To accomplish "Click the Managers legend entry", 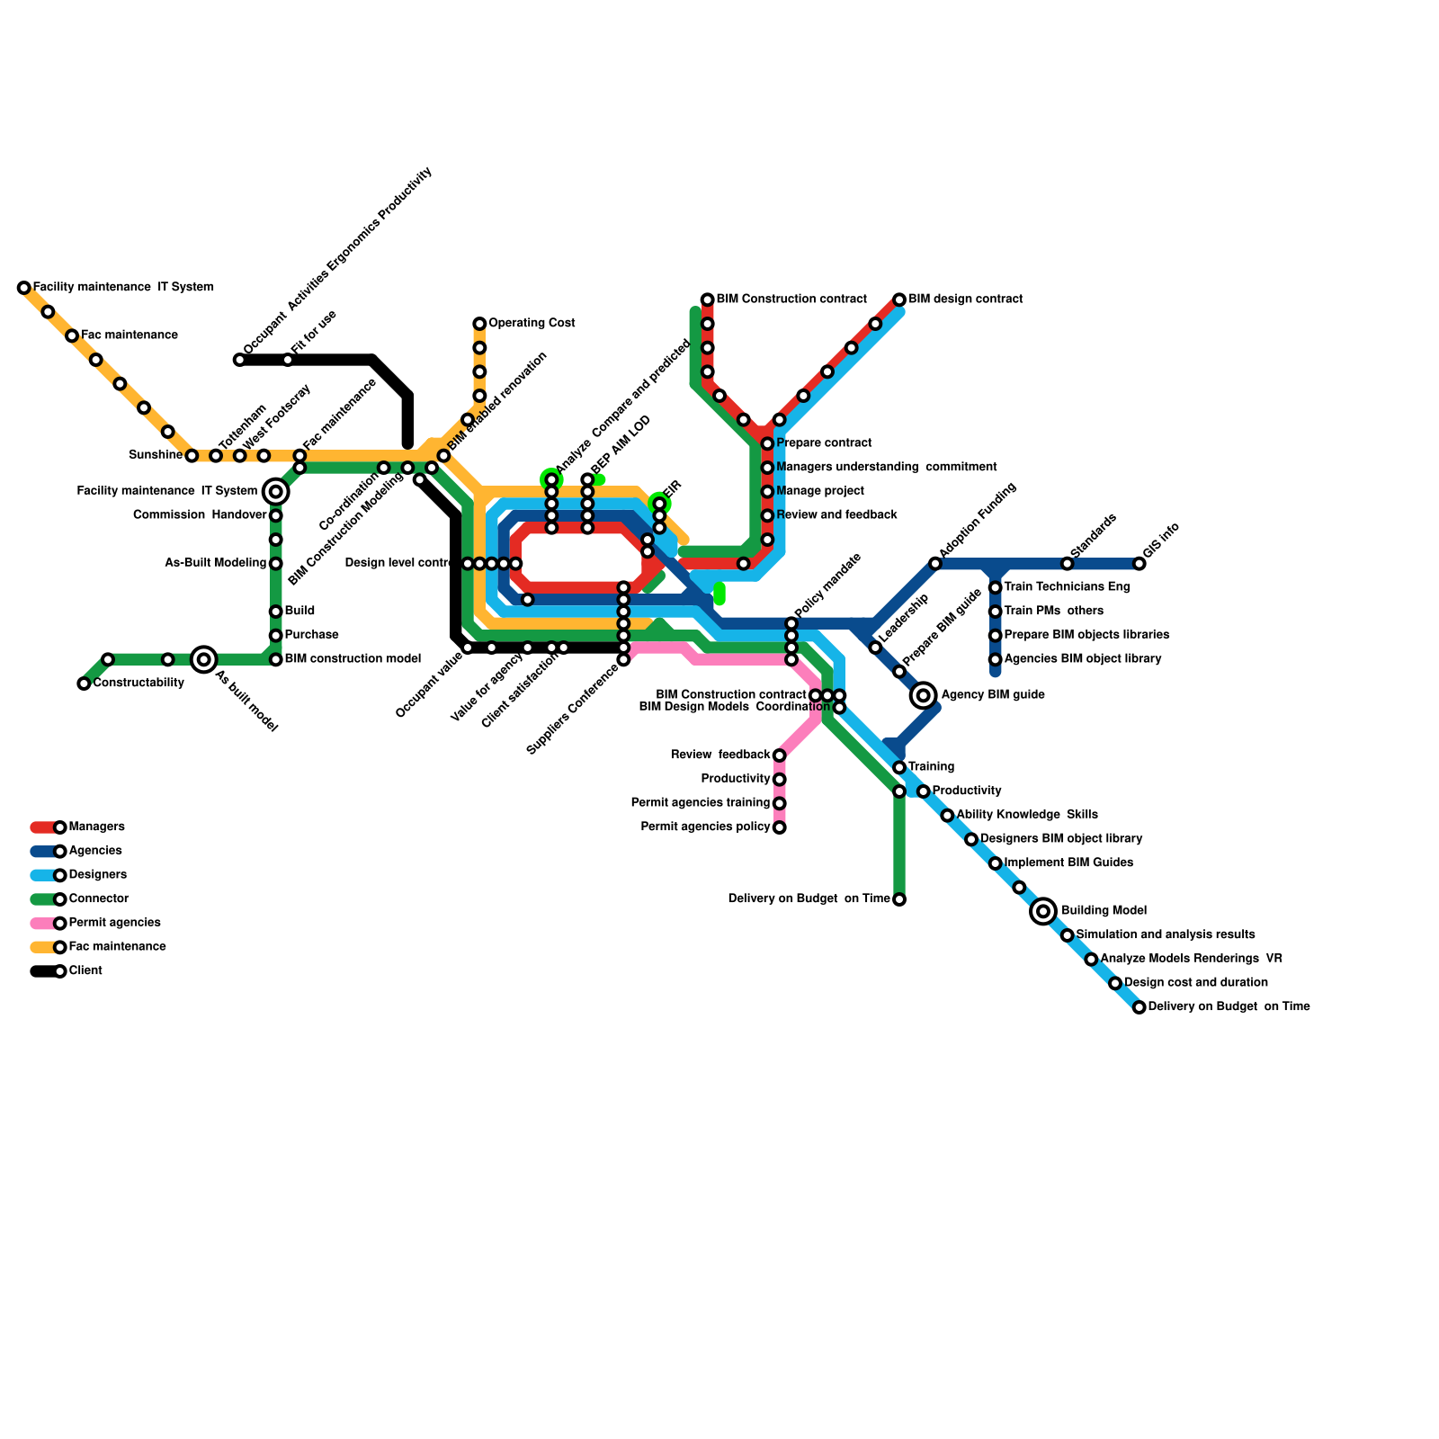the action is pos(96,827).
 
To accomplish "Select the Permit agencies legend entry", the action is pos(114,923).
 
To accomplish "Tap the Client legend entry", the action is pos(85,971).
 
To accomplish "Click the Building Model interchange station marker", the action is pos(1043,911).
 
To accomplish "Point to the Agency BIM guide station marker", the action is pos(923,695).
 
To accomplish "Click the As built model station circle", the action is pos(204,659).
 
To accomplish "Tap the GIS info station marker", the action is pos(1140,564).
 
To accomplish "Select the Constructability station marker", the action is pos(84,684).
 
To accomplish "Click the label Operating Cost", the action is pos(532,323).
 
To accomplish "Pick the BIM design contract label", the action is pos(965,299).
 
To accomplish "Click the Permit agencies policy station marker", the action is pos(779,827).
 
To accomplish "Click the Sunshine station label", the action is pos(156,455).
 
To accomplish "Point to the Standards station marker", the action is pos(1068,564).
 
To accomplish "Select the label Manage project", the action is pos(819,491).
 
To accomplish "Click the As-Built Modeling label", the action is pos(216,563).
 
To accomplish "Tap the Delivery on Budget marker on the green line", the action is pos(899,899).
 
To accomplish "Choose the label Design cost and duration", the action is pos(1196,982).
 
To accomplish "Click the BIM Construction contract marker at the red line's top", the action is pos(708,299).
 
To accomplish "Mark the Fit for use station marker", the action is pos(288,360).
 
